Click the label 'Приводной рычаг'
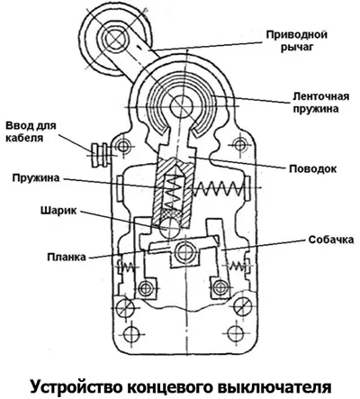point(297,41)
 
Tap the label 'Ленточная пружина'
point(321,103)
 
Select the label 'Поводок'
point(313,168)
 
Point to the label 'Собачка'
point(331,240)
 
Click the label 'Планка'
point(67,258)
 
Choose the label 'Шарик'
point(58,211)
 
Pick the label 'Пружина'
point(36,178)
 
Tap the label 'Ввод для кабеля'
point(31,131)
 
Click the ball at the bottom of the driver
point(169,228)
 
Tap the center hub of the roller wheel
point(114,39)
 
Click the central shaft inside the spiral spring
point(181,106)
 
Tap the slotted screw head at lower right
point(243,307)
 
